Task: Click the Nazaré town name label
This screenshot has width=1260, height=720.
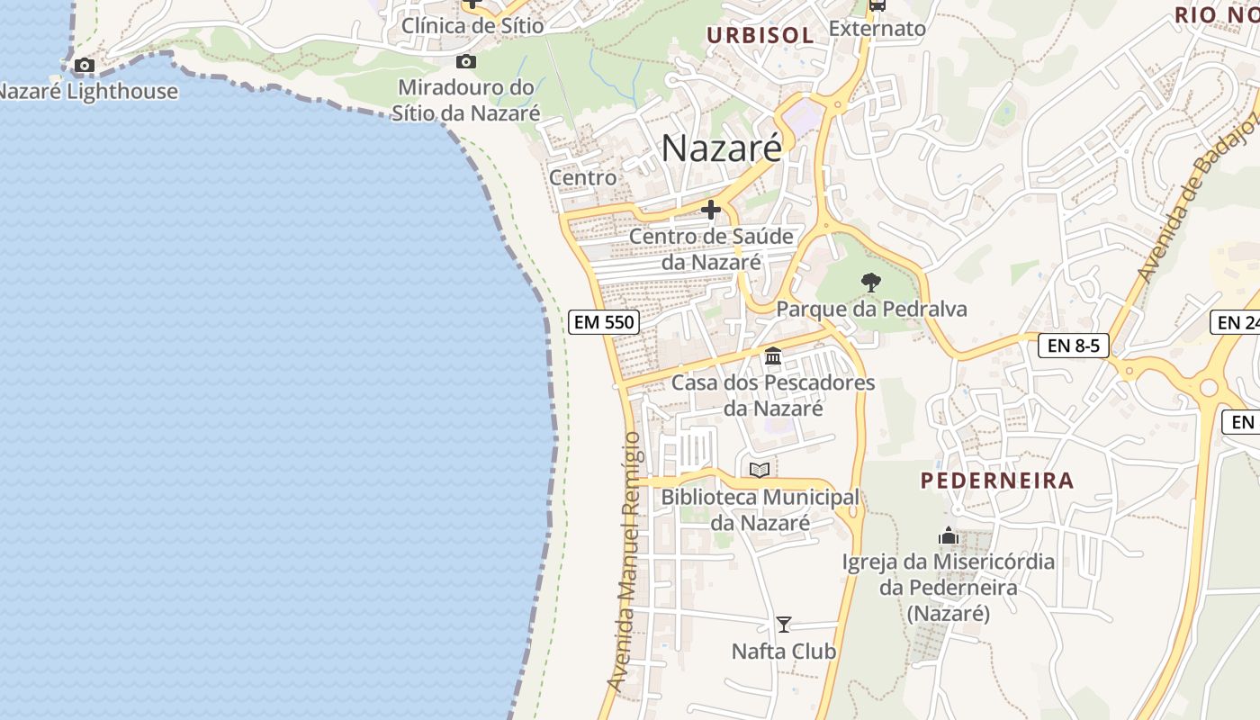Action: tap(722, 148)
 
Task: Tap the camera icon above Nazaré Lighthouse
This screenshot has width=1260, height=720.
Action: tap(85, 65)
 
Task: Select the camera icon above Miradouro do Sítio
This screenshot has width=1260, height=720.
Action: tap(465, 61)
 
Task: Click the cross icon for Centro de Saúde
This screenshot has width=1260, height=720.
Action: tap(711, 211)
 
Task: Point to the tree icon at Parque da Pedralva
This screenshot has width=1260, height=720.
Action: tap(870, 283)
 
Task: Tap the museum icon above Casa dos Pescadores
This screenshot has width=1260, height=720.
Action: tap(773, 356)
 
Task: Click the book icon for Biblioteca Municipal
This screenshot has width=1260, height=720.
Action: tap(760, 470)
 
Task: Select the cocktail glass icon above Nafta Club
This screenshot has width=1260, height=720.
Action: tap(784, 624)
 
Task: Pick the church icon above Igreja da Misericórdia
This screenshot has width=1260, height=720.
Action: tap(948, 536)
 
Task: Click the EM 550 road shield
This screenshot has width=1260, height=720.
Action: tap(604, 322)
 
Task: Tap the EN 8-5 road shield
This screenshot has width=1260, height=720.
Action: tap(1074, 345)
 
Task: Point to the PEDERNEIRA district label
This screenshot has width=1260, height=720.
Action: tap(997, 481)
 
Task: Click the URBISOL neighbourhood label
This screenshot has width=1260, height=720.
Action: tap(760, 36)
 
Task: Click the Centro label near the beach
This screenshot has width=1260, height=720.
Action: tap(583, 177)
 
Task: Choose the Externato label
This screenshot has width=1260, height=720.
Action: tap(877, 29)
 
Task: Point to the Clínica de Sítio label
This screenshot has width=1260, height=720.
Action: tap(472, 25)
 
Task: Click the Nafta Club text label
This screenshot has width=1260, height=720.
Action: tap(784, 651)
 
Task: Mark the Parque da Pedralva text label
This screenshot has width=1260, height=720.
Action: tap(871, 309)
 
